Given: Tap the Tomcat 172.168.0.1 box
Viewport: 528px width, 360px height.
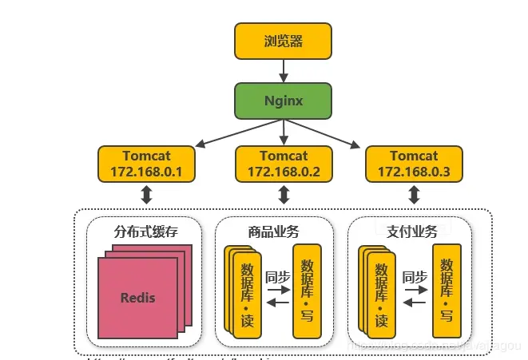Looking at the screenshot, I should (x=147, y=164).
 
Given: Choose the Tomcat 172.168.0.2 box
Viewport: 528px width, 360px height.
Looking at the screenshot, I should (x=284, y=164).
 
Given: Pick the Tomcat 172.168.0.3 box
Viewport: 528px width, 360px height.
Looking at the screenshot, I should (x=413, y=164).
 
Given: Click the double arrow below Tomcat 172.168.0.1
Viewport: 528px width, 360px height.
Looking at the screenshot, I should (x=147, y=196).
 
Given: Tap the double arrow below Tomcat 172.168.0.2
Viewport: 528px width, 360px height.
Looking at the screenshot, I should (x=284, y=196).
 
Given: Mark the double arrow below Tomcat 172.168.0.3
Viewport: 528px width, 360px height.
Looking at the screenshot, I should (x=414, y=196).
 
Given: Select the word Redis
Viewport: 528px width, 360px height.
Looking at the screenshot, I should (x=138, y=298).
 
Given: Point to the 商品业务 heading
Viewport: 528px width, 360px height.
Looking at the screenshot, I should (x=273, y=231).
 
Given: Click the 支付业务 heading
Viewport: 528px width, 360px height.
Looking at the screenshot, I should (x=412, y=231).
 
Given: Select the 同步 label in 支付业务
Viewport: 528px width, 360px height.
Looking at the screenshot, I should (x=415, y=277).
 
